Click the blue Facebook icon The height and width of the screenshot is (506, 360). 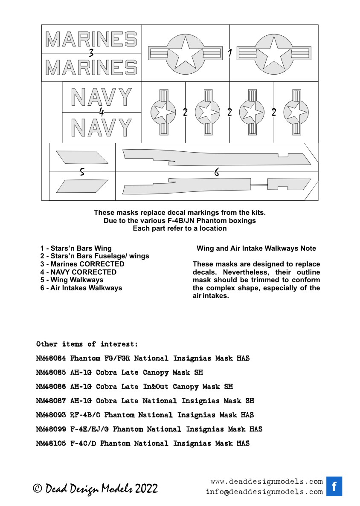[334, 486]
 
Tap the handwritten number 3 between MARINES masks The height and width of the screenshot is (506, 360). [91, 53]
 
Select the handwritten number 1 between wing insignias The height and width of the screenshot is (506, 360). [229, 53]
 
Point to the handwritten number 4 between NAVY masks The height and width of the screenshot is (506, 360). [101, 112]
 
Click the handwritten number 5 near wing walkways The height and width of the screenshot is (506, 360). [82, 172]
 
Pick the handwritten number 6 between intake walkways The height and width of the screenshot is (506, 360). [217, 172]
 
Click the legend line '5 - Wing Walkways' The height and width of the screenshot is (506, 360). [72, 280]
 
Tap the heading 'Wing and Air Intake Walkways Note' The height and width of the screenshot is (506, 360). [256, 249]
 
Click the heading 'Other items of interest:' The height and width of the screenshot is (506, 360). [87, 344]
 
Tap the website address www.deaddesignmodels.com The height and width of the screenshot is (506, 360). [267, 482]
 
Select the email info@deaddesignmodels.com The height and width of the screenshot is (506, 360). [264, 492]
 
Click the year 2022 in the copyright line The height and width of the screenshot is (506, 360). [147, 489]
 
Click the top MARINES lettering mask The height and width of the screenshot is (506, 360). [91, 39]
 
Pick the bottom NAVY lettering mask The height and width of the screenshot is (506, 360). [101, 127]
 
